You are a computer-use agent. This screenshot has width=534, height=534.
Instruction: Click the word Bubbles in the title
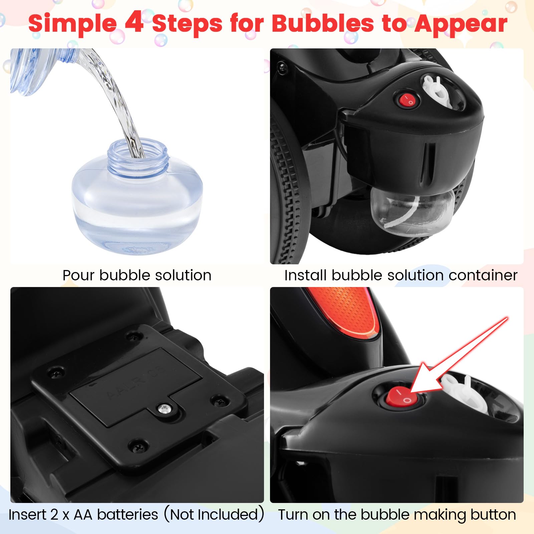[x=323, y=24]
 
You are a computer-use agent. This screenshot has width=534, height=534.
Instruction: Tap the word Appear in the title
[x=461, y=24]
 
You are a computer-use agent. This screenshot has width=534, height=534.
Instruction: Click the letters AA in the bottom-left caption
[x=83, y=514]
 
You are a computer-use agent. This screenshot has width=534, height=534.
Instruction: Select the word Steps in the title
[x=187, y=24]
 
